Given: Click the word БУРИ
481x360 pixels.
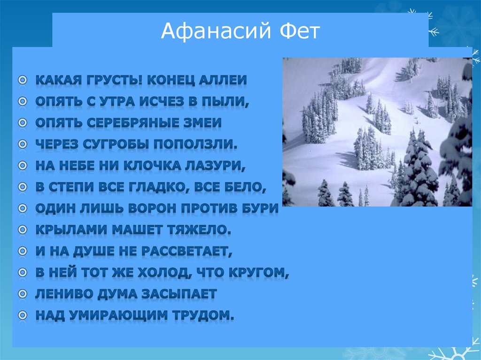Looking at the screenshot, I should [x=261, y=208].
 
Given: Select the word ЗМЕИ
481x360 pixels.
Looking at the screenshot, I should [x=203, y=123].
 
